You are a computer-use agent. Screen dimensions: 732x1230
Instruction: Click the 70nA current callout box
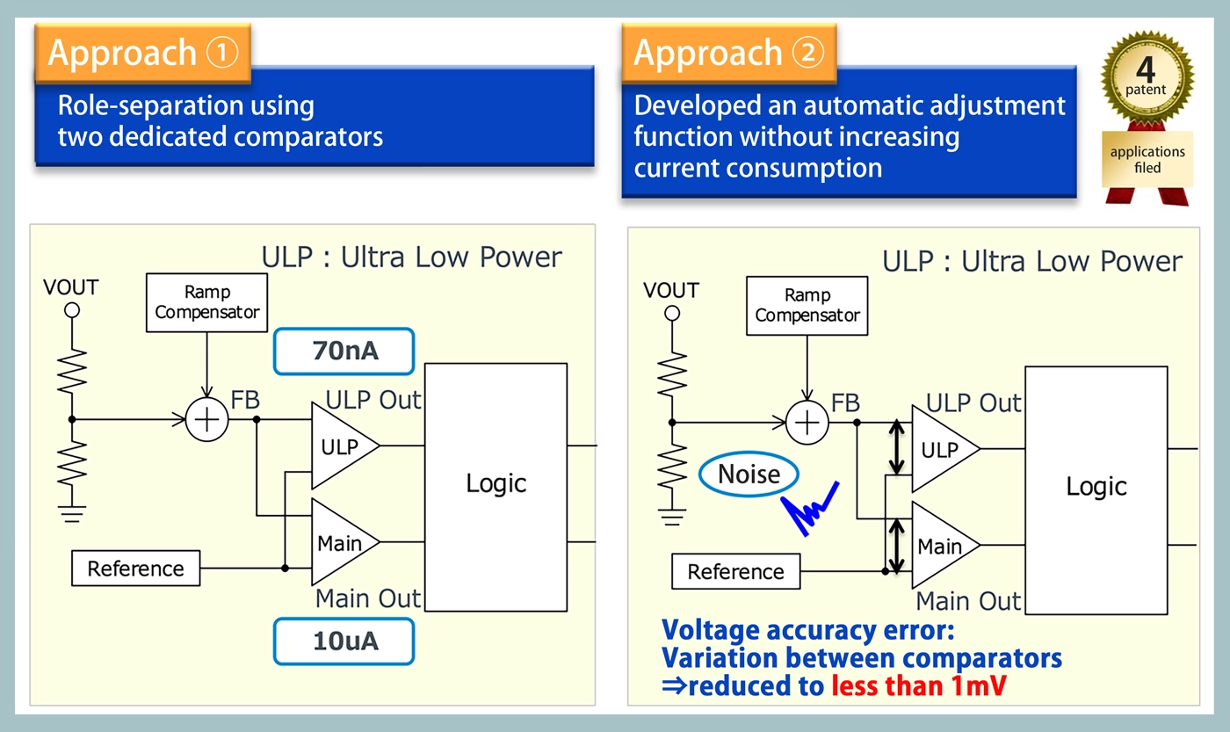pos(344,352)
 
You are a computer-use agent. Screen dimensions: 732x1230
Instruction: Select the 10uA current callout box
pos(344,641)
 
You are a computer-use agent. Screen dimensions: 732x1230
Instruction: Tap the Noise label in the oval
pos(749,475)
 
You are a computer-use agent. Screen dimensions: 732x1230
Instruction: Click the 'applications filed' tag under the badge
pos(1147,159)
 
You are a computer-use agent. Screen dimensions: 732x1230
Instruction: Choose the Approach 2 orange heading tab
pos(729,52)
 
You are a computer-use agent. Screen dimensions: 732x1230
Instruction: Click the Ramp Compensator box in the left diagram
pos(206,302)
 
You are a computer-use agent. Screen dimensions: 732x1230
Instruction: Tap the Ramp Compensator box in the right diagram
pos(807,306)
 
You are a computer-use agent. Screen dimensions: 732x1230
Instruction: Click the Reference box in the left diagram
pos(136,569)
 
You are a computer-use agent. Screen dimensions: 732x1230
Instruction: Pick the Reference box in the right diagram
pos(736,572)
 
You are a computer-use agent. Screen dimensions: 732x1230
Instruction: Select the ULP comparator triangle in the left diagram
pos(341,446)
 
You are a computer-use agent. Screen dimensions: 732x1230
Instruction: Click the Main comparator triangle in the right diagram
pos(941,546)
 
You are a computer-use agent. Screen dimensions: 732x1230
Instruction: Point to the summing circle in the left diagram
pos(207,419)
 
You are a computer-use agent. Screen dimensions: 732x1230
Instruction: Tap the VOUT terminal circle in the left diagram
pos(72,310)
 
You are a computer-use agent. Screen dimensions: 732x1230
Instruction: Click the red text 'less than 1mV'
pos(918,686)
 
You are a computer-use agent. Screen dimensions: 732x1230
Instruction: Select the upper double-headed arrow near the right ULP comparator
pos(897,447)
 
